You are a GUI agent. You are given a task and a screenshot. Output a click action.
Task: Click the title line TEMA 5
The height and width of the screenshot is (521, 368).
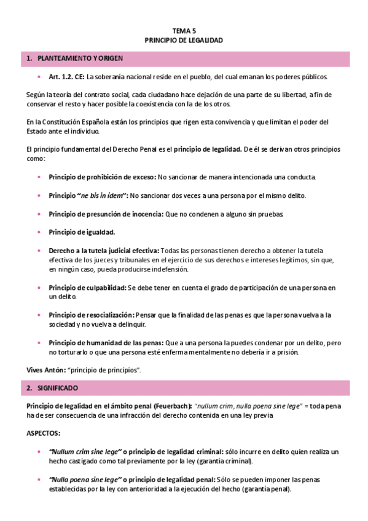coord(184,30)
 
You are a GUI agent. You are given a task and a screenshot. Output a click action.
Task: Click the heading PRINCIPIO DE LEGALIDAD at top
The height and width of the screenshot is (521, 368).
coord(184,40)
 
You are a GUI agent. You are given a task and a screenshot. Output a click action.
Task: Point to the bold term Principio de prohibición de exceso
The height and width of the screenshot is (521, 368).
coord(102,177)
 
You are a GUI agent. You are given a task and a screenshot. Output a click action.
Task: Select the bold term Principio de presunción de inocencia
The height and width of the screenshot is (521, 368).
coord(105,214)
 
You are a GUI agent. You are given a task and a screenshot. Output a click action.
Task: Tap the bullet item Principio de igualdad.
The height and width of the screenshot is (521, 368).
coord(82,232)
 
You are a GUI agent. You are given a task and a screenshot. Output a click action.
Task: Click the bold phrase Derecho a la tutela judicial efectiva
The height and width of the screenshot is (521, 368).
coord(104,251)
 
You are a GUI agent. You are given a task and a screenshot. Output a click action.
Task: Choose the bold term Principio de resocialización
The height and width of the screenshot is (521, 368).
coord(90,315)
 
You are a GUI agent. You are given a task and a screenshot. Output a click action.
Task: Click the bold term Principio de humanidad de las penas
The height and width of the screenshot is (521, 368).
coord(106,343)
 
